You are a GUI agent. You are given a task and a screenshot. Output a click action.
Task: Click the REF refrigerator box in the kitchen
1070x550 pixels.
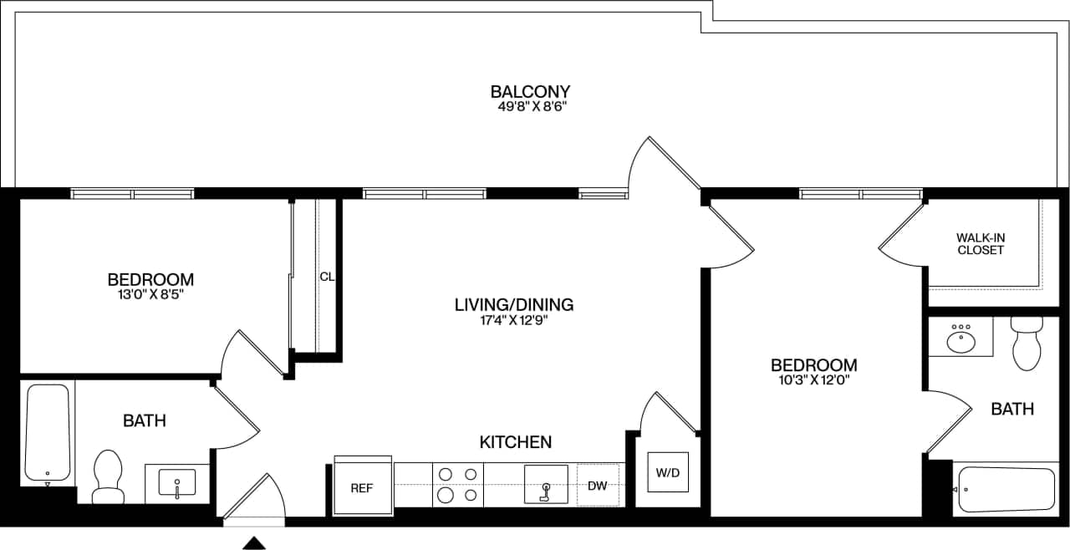point(363,486)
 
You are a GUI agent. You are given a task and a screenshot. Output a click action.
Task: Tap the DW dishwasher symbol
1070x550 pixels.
point(597,485)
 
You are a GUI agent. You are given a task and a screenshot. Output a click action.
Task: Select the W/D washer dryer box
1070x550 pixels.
point(667,473)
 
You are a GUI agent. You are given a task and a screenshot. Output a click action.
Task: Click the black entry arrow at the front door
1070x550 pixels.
point(253,543)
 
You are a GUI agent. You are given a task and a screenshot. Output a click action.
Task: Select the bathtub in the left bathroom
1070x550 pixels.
point(47,432)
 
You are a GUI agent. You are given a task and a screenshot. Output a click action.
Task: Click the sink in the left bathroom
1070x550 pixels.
point(176,483)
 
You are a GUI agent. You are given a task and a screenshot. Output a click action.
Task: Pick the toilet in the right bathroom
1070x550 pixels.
point(1025,344)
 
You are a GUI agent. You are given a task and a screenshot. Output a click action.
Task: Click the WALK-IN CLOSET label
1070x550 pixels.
point(981,243)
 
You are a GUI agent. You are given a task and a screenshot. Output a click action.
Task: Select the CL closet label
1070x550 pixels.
point(327,277)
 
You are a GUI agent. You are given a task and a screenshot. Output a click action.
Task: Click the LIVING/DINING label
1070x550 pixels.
point(513,304)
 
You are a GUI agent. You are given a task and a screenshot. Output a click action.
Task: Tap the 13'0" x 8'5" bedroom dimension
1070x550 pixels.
point(151,294)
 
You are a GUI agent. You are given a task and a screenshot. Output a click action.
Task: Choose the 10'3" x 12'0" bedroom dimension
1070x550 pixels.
point(813,380)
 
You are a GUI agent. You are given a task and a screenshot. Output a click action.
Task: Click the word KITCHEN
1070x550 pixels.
point(515,441)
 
